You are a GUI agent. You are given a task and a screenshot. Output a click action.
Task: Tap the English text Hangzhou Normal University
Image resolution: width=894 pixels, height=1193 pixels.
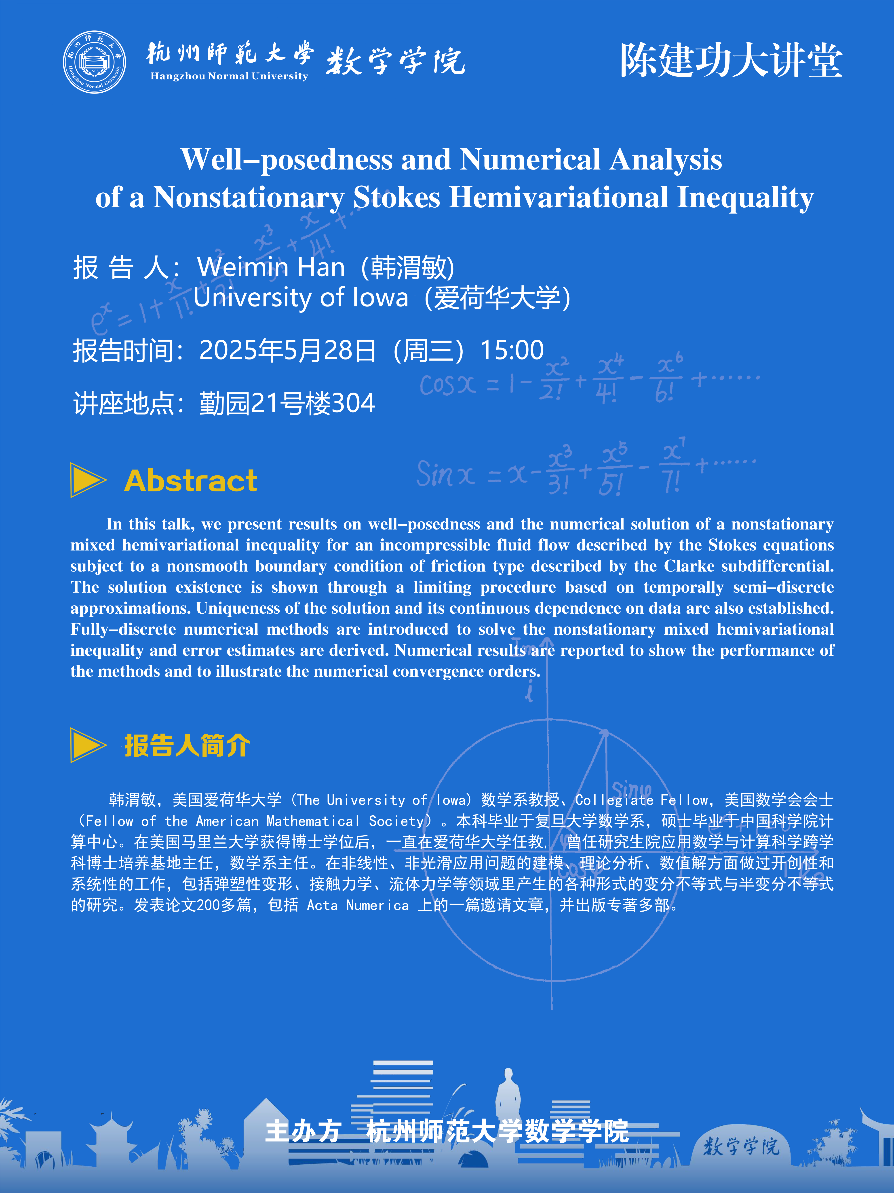coord(229,76)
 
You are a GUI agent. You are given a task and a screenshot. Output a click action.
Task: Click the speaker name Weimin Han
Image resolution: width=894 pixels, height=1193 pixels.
coord(271,268)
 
